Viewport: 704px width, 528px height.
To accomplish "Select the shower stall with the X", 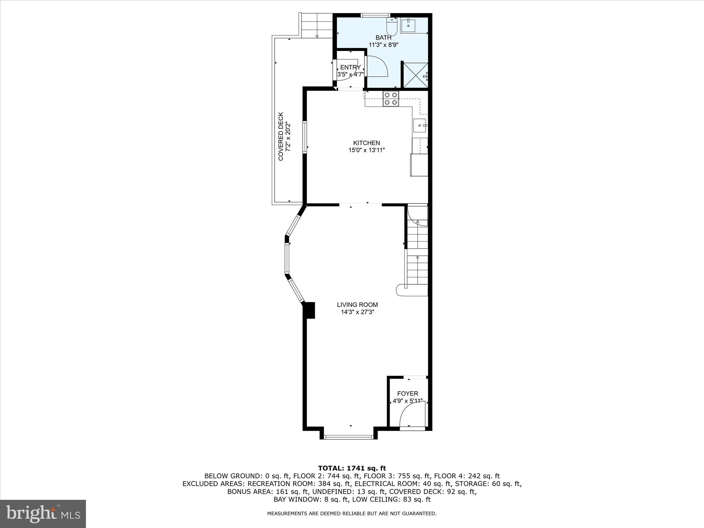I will pos(415,75).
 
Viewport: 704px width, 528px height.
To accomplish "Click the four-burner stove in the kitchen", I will pos(391,98).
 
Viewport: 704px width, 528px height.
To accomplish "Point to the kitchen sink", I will pos(419,125).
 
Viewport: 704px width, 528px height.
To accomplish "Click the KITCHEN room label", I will pos(366,143).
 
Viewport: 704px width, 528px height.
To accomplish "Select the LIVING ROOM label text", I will pos(357,305).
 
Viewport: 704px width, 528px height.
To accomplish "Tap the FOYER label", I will pos(408,394).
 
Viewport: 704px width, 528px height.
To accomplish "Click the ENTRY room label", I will pos(350,67).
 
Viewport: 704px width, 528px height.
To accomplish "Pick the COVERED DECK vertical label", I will pos(281,136).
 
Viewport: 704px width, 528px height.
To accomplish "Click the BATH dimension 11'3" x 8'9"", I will pos(383,45).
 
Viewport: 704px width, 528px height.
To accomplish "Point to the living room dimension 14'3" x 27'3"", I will pos(357,312).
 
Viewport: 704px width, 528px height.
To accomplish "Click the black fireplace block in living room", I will pos(310,310).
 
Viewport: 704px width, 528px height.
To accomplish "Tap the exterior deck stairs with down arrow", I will pos(317,26).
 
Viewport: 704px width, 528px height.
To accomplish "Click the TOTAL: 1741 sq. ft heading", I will pos(352,468).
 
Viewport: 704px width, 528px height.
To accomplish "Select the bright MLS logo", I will pos(43,514).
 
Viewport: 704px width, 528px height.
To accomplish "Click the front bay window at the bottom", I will pos(349,437).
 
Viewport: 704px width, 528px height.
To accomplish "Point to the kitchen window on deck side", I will pos(305,136).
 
